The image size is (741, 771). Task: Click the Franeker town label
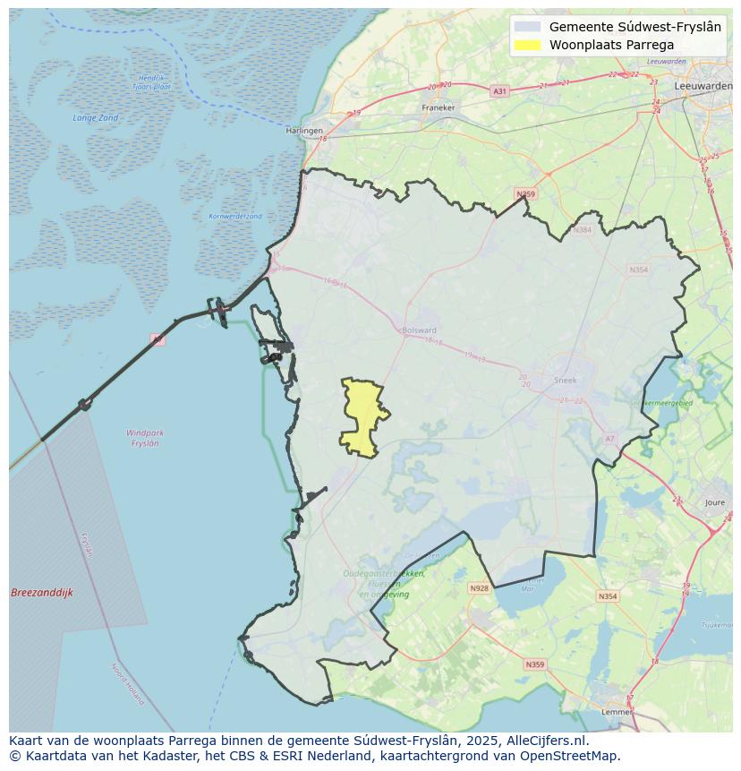pos(439,107)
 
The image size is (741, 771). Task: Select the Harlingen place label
pos(304,131)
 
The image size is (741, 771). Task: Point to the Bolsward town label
pos(419,330)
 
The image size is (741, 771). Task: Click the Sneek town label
pos(566,381)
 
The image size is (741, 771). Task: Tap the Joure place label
pos(714,503)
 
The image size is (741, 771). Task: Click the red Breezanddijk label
pos(42,593)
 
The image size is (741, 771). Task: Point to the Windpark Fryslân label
pos(145,438)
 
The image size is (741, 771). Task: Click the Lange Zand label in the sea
pos(95,118)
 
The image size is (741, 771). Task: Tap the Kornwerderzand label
pos(235,217)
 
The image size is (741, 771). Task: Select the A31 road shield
pos(499,91)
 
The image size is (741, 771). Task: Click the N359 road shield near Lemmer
pos(534,664)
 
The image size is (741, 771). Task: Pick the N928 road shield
pos(479,588)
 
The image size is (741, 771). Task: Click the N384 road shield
pos(583,230)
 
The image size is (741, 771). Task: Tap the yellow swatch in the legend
pos(529,45)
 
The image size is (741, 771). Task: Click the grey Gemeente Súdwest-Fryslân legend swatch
pos(529,27)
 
